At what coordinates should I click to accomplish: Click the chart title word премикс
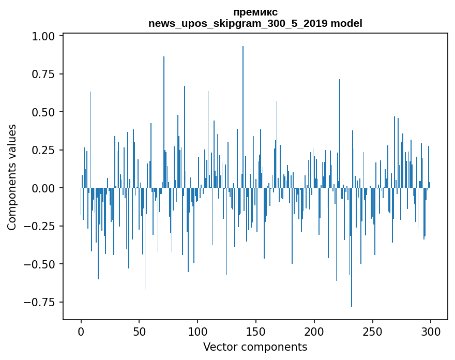point(255,12)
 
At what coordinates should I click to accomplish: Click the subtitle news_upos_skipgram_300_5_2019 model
point(255,23)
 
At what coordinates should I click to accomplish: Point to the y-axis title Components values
point(12,177)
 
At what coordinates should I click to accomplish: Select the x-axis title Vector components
point(255,347)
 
